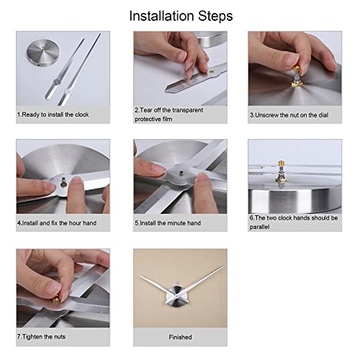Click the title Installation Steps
tap(181, 16)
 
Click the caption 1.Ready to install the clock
tap(53, 114)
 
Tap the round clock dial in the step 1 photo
tap(43, 53)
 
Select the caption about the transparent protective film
tap(168, 114)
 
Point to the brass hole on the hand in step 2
tap(212, 71)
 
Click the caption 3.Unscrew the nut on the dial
tap(289, 115)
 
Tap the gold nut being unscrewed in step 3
tap(297, 70)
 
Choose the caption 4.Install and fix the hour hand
tap(57, 223)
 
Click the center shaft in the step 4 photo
tap(63, 182)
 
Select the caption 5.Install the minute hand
tap(168, 223)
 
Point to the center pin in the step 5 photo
tap(181, 172)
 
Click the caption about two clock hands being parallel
tap(294, 222)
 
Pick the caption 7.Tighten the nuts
tap(41, 337)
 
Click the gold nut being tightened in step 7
tap(56, 301)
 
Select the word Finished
tap(180, 337)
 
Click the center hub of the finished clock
tap(176, 297)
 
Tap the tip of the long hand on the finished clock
tap(223, 266)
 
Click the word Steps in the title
tap(215, 17)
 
